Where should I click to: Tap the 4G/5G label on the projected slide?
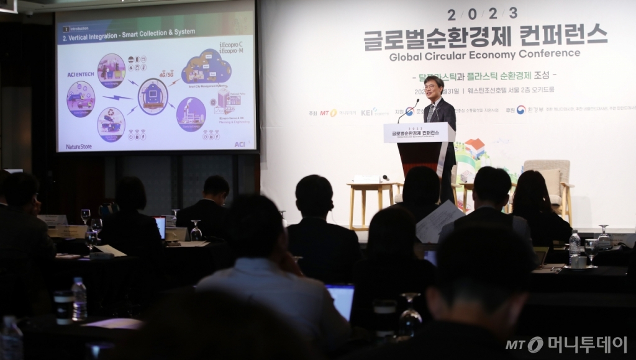point(166,74)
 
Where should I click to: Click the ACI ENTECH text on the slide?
point(81,74)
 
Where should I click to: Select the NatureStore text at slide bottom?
point(79,146)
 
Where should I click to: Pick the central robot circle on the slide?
point(152,96)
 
